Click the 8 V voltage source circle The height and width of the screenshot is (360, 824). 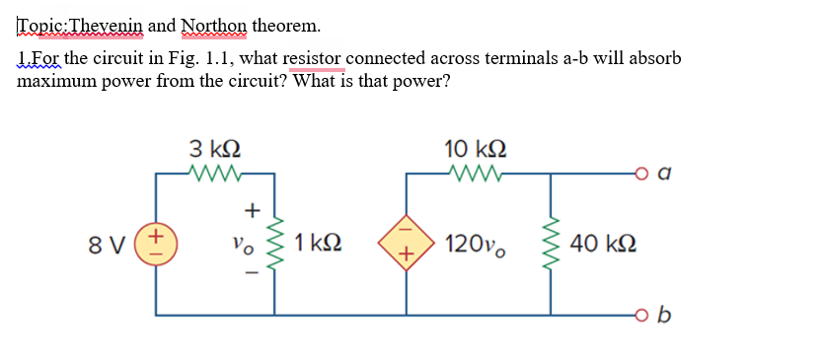(x=155, y=242)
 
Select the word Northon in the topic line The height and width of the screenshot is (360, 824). (x=208, y=24)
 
